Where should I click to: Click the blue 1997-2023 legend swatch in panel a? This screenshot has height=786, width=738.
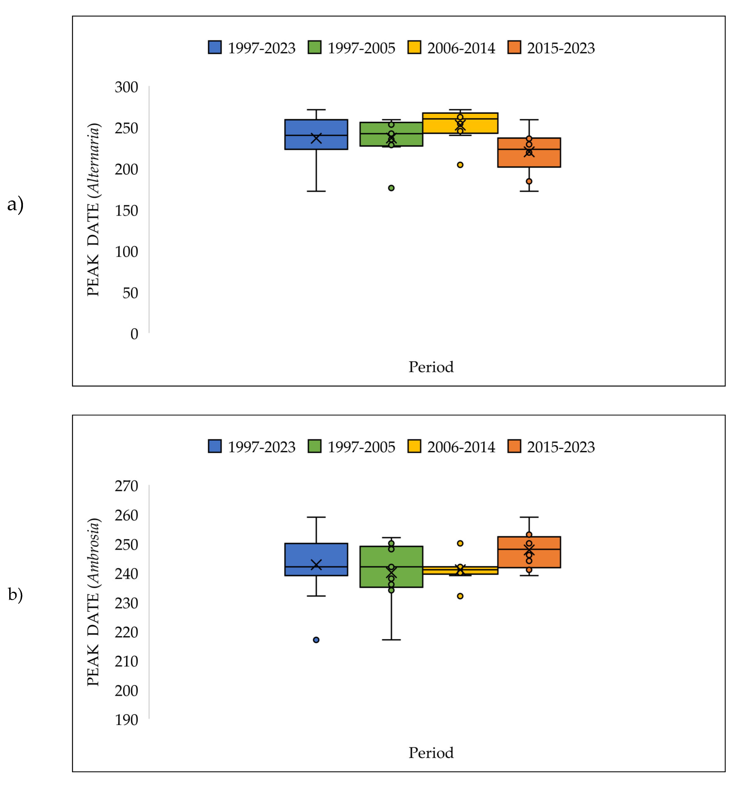pyautogui.click(x=215, y=48)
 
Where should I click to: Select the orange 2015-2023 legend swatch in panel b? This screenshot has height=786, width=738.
pyautogui.click(x=514, y=446)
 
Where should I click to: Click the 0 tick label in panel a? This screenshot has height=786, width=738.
pyautogui.click(x=134, y=334)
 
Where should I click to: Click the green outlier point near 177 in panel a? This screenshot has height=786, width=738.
pyautogui.click(x=391, y=188)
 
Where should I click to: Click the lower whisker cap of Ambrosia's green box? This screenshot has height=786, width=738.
pyautogui.click(x=391, y=640)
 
